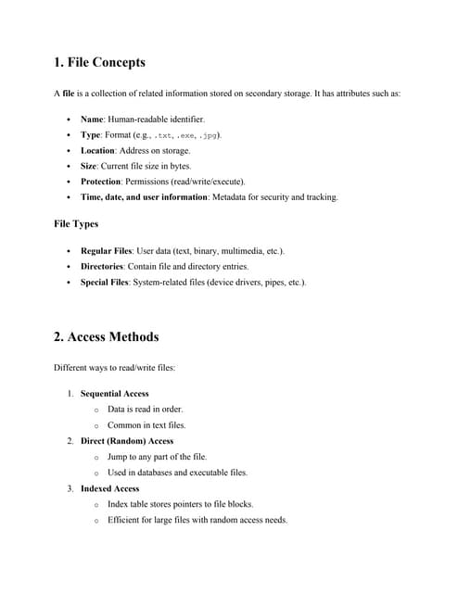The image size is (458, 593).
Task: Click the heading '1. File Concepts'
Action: pyautogui.click(x=99, y=63)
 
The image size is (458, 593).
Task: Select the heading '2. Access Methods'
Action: pyautogui.click(x=106, y=336)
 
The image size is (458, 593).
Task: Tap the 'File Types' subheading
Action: pyautogui.click(x=77, y=223)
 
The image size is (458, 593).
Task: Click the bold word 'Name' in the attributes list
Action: pyautogui.click(x=93, y=120)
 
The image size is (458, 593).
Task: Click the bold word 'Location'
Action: pyautogui.click(x=97, y=150)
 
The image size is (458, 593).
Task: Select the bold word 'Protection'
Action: pyautogui.click(x=101, y=182)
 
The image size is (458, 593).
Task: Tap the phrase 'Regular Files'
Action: pyautogui.click(x=106, y=251)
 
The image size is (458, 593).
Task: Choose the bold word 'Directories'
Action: pyautogui.click(x=102, y=266)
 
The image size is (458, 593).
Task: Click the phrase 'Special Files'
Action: pyautogui.click(x=105, y=282)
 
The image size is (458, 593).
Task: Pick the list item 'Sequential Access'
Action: pyautogui.click(x=114, y=394)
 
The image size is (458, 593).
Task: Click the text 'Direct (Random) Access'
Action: pyautogui.click(x=127, y=441)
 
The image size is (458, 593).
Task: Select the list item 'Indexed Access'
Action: pyautogui.click(x=109, y=488)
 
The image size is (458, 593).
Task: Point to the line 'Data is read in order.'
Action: pyautogui.click(x=145, y=410)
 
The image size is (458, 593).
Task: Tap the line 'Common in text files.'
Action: pyautogui.click(x=146, y=425)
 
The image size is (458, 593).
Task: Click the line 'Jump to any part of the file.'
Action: pyautogui.click(x=157, y=457)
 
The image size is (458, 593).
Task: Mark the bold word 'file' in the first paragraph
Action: pyautogui.click(x=68, y=94)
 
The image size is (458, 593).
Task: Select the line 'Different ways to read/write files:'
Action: pyautogui.click(x=115, y=368)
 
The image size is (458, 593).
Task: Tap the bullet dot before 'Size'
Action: pyautogui.click(x=70, y=166)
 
